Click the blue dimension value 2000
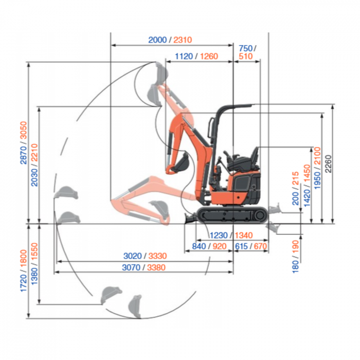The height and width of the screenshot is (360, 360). click(x=157, y=40)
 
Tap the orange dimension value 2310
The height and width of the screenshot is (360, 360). click(x=183, y=40)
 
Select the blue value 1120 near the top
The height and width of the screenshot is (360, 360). click(x=184, y=56)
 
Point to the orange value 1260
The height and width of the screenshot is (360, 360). click(x=209, y=56)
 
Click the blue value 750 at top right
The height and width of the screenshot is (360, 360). click(x=245, y=48)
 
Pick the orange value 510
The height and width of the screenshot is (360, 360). click(x=246, y=56)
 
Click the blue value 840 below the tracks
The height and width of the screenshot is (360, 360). click(x=200, y=246)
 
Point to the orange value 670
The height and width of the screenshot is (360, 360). click(x=260, y=246)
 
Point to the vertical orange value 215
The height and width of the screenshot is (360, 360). click(x=296, y=178)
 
